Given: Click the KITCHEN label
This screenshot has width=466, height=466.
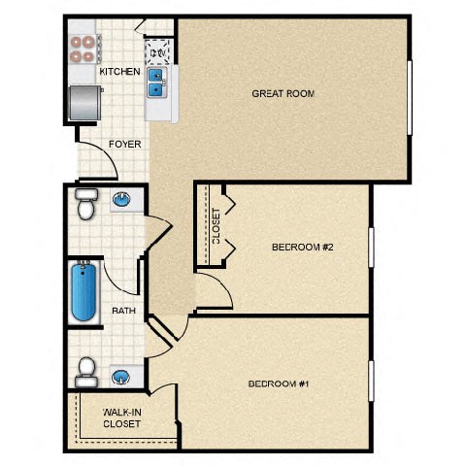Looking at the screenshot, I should click(119, 72).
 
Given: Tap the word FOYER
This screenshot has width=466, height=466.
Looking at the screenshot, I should click(125, 144).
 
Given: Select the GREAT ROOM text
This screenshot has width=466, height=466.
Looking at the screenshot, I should click(283, 94).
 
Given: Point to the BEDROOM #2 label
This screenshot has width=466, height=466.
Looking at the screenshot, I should click(302, 247).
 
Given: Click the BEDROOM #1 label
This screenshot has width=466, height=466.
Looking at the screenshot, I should click(279, 383).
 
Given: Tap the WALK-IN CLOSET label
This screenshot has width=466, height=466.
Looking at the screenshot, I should click(121, 417).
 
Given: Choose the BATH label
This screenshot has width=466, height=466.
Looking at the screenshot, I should click(123, 311).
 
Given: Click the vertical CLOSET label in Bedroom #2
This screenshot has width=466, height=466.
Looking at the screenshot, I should click(216, 225).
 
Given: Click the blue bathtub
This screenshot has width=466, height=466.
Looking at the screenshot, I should click(83, 292).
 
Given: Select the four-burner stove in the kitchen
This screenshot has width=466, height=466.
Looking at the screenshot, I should click(85, 49).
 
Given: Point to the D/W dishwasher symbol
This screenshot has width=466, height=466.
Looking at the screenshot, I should click(157, 49).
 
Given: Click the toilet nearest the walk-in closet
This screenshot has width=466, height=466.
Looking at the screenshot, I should click(87, 370).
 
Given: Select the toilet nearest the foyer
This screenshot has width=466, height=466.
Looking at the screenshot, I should click(85, 205).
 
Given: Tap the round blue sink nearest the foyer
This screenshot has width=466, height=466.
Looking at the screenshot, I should click(121, 202).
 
